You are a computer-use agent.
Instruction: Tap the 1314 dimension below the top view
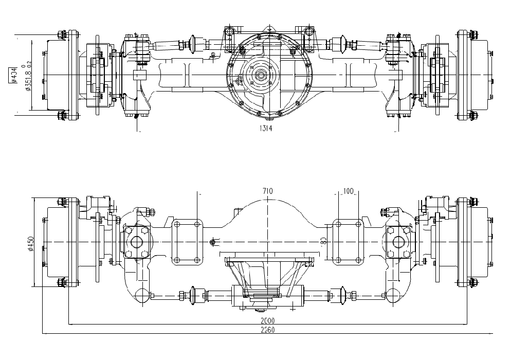pos(266,129)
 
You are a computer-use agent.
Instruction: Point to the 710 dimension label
pos(267,191)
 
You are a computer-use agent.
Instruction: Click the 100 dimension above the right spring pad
pos(348,191)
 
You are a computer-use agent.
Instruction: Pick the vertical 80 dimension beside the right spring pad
pos(323,241)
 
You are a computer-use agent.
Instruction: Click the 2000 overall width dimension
pos(267,320)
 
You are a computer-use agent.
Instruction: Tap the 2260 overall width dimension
pos(267,330)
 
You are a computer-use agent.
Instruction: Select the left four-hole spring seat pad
pos(187,242)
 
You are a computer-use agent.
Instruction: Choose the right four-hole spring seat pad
pos(348,242)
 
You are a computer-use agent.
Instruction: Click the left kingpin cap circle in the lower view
pos(137,242)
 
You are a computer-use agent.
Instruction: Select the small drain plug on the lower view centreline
pos(212,241)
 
